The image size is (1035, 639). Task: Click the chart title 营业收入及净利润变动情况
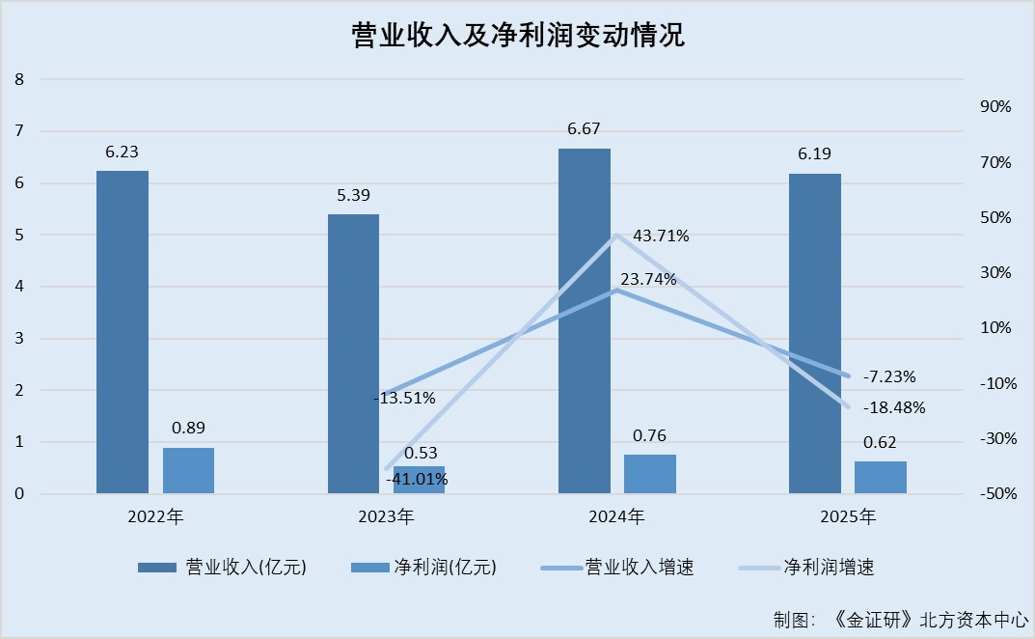pyautogui.click(x=517, y=36)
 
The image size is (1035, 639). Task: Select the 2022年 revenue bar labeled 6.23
pyautogui.click(x=123, y=332)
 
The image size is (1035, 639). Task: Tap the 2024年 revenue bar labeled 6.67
pyautogui.click(x=585, y=321)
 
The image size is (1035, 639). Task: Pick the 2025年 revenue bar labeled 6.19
pyautogui.click(x=815, y=333)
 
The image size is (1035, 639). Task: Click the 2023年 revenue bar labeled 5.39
pyautogui.click(x=353, y=353)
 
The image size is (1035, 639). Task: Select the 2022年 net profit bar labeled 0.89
pyautogui.click(x=188, y=471)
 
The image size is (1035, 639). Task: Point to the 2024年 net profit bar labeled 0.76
pyautogui.click(x=650, y=474)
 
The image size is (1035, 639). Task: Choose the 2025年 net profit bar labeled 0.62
pyautogui.click(x=881, y=478)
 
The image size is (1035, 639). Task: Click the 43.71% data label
pyautogui.click(x=661, y=236)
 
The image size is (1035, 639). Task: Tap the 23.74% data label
pyautogui.click(x=648, y=280)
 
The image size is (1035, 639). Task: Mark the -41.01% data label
pyautogui.click(x=417, y=479)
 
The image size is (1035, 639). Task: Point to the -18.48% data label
pyautogui.click(x=894, y=408)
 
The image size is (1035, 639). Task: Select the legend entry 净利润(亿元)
pyautogui.click(x=445, y=568)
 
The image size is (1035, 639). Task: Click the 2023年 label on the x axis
pyautogui.click(x=386, y=517)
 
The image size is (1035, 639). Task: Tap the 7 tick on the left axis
pyautogui.click(x=19, y=131)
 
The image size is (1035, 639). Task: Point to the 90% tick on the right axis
pyautogui.click(x=995, y=107)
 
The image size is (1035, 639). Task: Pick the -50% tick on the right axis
pyautogui.click(x=994, y=494)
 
